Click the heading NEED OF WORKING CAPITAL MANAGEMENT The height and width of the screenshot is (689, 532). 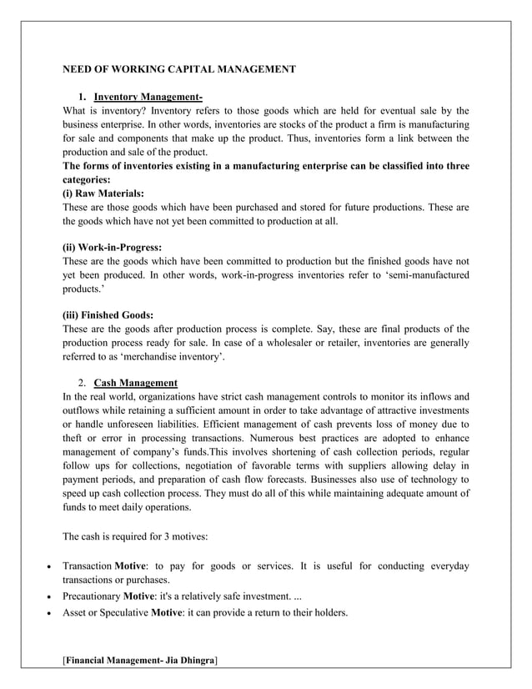pyautogui.click(x=179, y=69)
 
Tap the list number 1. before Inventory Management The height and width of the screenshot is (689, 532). pyautogui.click(x=83, y=97)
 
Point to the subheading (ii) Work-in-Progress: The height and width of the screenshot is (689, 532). pyautogui.click(x=113, y=247)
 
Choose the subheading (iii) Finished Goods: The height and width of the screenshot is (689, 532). pyautogui.click(x=108, y=314)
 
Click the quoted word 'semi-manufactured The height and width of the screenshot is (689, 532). pyautogui.click(x=420, y=274)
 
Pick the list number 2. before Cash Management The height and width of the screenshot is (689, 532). pyautogui.click(x=83, y=383)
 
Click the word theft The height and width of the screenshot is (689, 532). pyautogui.click(x=73, y=439)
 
